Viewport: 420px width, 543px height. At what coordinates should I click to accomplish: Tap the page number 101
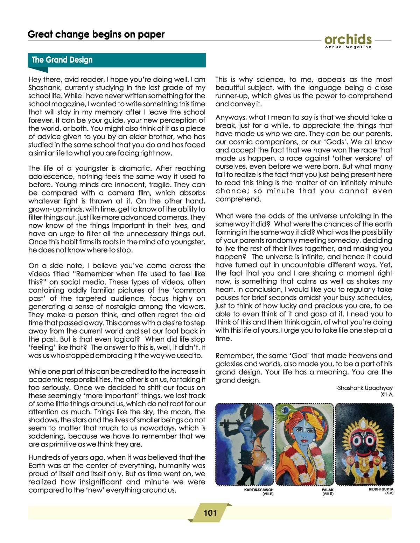210,513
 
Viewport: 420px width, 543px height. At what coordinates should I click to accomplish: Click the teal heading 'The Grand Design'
62,60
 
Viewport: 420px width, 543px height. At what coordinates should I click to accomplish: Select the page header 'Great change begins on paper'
96,34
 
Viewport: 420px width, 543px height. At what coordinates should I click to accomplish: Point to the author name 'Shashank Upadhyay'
365,388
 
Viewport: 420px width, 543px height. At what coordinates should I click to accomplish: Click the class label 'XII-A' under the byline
387,395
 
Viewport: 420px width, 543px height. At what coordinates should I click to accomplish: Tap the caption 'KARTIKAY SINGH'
259,490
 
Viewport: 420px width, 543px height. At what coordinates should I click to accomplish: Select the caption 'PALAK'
328,490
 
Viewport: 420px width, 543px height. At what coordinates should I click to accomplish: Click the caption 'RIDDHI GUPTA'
381,490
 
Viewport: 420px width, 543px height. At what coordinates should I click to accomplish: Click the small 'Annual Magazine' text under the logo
348,47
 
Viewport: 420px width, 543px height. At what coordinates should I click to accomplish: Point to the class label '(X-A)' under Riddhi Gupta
389,493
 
